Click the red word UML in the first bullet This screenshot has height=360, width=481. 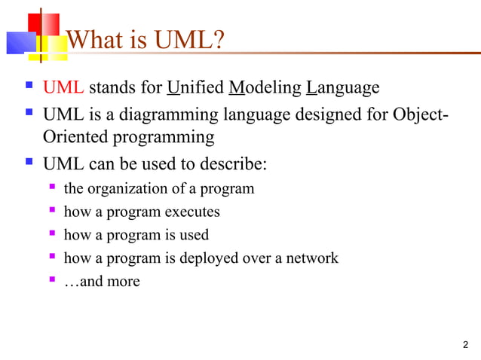click(63, 88)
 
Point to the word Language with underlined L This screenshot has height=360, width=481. click(343, 88)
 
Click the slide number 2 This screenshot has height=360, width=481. click(464, 346)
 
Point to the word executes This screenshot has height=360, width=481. click(192, 212)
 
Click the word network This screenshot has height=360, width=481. click(310, 258)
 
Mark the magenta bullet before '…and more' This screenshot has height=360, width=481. click(52, 281)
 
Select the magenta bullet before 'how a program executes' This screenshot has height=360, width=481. click(52, 211)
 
